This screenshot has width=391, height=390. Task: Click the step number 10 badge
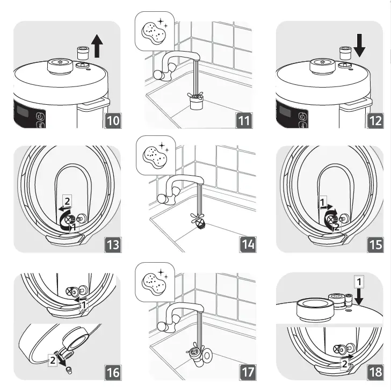pos(113,121)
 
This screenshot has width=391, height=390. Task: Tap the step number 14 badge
pos(248,244)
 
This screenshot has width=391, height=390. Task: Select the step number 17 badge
pos(248,372)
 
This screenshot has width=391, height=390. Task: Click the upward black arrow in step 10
pos(97,46)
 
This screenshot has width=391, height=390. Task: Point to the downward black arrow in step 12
pos(359,46)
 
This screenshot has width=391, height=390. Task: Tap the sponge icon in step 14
pos(155,156)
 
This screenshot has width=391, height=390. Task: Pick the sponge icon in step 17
pos(154,283)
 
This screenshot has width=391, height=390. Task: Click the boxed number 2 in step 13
pos(67,201)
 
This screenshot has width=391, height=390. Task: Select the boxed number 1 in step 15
pos(322,202)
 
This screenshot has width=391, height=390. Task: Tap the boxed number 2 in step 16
pos(53,360)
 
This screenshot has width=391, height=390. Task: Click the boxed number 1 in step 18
pos(359,282)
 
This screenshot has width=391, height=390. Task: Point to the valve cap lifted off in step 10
pos(82,52)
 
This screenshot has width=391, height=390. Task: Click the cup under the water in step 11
pos(195,103)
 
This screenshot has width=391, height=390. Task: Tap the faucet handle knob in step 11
pos(159,75)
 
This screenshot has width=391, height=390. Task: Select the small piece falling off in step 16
pos(69,370)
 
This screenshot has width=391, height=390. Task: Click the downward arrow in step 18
pos(359,297)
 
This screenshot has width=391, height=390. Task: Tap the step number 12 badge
pos(375,121)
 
